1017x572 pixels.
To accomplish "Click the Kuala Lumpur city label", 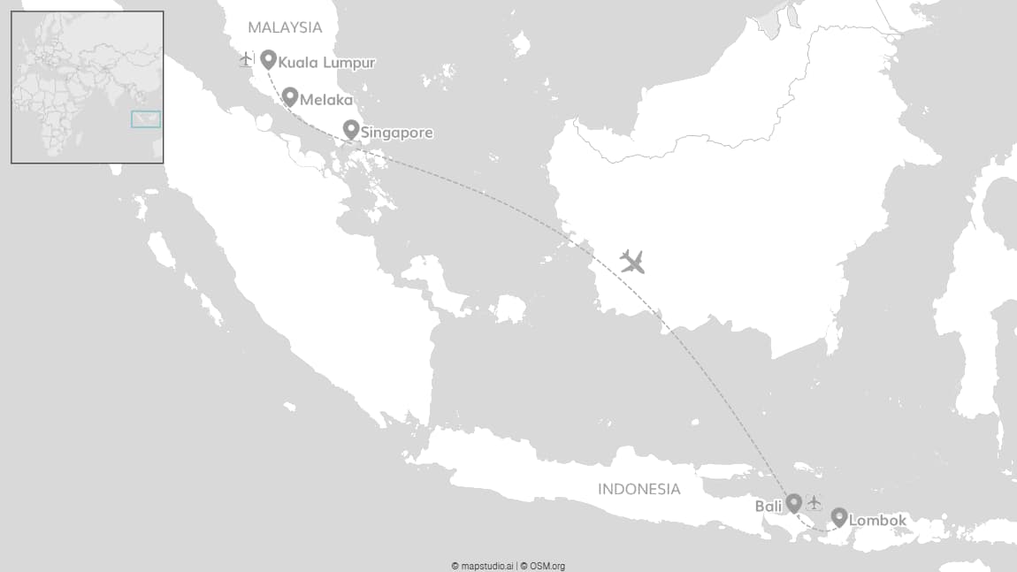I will (326, 63).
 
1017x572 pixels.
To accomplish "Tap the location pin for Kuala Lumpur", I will (268, 58).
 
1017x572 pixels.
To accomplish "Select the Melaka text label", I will (325, 100).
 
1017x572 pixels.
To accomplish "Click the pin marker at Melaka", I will (289, 96).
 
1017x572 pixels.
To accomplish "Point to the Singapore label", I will (396, 133).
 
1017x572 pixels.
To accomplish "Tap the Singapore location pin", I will (350, 129).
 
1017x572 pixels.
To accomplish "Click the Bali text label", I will (768, 507).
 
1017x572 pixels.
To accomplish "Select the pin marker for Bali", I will (794, 502).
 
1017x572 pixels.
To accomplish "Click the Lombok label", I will (877, 521).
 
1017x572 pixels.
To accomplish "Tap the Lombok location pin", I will (839, 517).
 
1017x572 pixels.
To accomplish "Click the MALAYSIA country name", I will (285, 27).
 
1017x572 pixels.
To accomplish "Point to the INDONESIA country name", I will (639, 489).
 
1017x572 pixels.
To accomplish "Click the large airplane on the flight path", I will (631, 261).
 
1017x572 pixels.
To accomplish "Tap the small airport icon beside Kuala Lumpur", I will (246, 59).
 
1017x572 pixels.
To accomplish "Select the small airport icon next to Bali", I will (814, 503).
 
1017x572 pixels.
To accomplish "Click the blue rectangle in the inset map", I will (146, 119).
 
